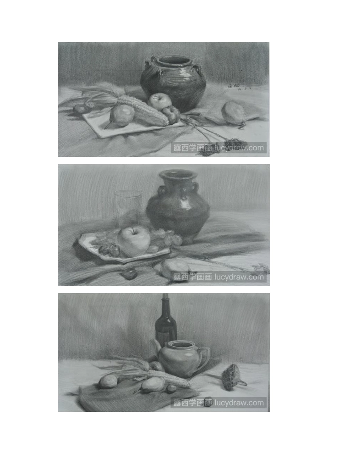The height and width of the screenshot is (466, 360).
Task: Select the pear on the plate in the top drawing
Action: (x=122, y=115)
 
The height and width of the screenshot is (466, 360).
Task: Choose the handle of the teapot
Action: (x=205, y=356)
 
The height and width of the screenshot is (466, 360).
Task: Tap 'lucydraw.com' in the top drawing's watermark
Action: (x=239, y=148)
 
